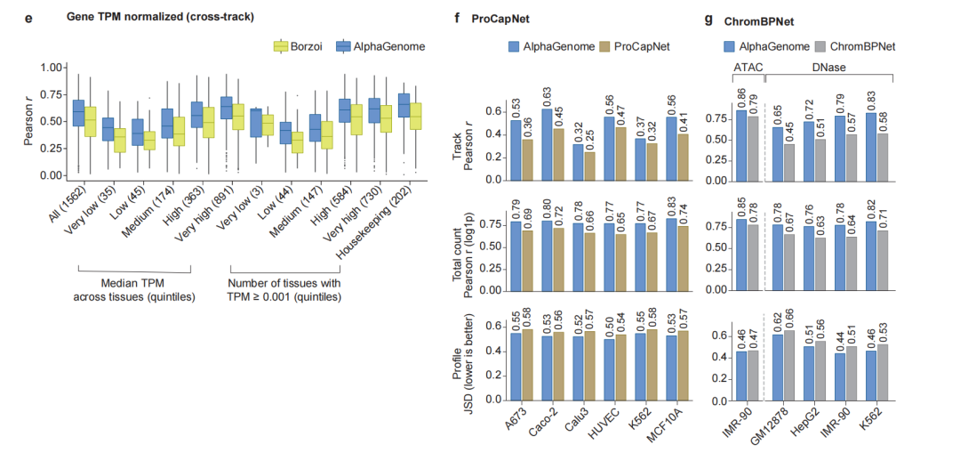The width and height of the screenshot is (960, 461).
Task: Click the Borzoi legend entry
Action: pos(301,45)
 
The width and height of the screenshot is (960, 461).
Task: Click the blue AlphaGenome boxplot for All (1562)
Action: pos(78,113)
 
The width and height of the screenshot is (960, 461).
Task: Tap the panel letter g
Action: pos(708,17)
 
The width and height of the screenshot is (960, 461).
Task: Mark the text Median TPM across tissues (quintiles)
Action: pos(134,289)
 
